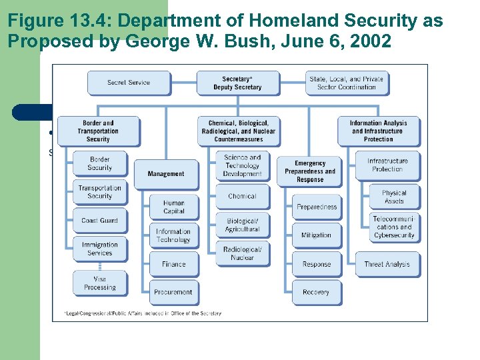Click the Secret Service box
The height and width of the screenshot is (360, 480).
[129, 83]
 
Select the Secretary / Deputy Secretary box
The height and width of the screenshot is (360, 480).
[237, 83]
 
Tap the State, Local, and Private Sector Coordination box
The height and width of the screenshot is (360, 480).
[346, 83]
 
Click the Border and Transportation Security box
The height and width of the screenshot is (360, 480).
[98, 131]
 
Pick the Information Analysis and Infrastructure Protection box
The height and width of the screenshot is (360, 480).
[378, 131]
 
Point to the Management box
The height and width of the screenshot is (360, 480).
[166, 174]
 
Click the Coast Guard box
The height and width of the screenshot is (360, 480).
[99, 221]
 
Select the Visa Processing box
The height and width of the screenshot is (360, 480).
[99, 283]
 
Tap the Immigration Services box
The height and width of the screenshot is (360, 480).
[99, 249]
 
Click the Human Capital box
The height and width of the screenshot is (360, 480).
[174, 207]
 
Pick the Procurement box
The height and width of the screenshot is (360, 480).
[173, 292]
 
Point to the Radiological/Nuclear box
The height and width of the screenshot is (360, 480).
[242, 253]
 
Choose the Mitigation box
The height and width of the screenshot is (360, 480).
[316, 235]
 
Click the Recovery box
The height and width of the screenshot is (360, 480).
[316, 292]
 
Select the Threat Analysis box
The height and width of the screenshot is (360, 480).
[387, 264]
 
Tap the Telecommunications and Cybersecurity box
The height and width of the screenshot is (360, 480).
[394, 227]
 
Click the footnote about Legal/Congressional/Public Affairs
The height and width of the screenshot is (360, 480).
[143, 313]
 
